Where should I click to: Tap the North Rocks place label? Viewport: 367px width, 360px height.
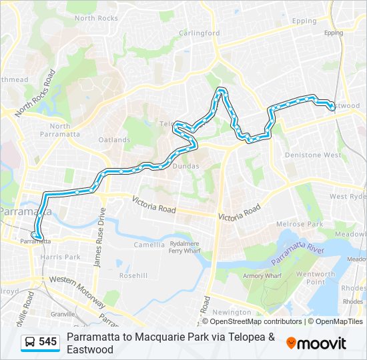(x=97, y=18)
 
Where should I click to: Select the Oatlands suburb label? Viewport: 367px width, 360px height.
(x=114, y=140)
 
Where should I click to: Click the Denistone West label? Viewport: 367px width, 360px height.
(x=312, y=155)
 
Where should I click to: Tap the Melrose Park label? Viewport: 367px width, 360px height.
(x=301, y=225)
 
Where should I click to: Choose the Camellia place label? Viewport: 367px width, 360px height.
(x=149, y=245)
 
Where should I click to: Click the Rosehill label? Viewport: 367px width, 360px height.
(x=133, y=275)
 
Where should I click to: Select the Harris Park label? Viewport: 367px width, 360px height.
(x=59, y=257)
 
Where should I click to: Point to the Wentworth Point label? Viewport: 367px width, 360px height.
(x=316, y=278)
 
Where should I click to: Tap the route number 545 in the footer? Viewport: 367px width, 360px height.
(x=47, y=342)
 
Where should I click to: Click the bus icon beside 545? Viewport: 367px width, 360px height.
(x=30, y=342)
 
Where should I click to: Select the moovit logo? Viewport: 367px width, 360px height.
(x=316, y=343)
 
